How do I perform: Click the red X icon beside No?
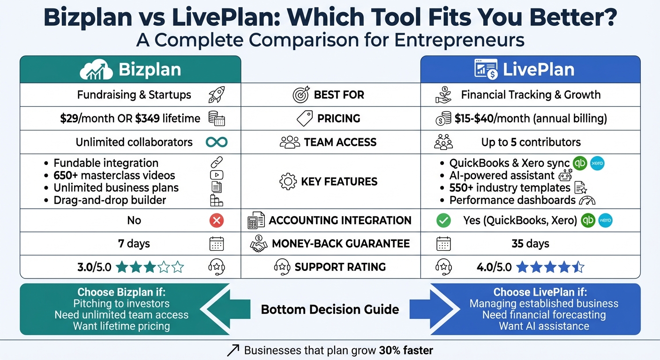click(216, 220)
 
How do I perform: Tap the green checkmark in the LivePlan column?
click(443, 220)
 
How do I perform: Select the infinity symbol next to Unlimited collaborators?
click(216, 142)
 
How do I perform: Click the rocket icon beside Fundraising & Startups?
click(216, 95)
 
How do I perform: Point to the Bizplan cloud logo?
click(96, 70)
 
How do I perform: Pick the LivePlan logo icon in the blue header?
click(486, 70)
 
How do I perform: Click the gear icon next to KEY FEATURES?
click(288, 181)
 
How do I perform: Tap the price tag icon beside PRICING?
click(305, 119)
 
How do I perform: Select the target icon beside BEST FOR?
click(301, 95)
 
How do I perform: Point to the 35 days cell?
click(530, 244)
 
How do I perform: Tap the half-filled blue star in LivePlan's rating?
click(578, 267)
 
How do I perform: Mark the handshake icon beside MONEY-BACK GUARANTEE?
click(258, 244)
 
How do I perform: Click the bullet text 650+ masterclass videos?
click(114, 175)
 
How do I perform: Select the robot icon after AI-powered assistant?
click(563, 175)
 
